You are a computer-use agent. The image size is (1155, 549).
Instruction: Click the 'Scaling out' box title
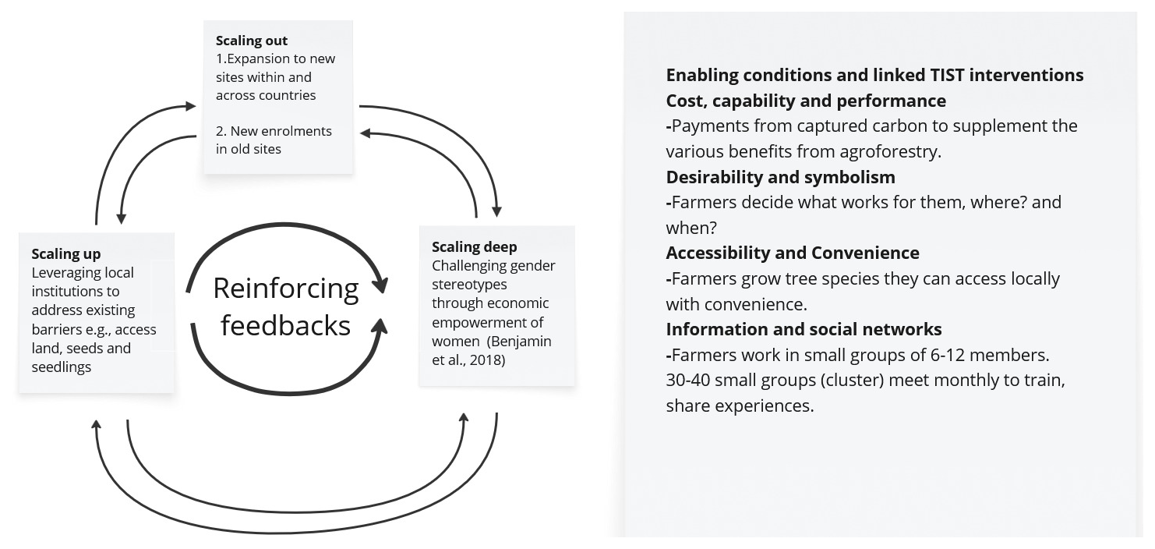[252, 41]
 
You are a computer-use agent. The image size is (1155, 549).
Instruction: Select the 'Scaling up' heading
[66, 254]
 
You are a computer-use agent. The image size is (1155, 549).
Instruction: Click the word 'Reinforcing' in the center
[285, 289]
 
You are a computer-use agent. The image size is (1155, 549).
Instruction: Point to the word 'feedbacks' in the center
[285, 325]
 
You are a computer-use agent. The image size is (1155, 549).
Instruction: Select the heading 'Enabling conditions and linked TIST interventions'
[874, 75]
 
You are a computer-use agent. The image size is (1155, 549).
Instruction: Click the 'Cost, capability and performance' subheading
[806, 101]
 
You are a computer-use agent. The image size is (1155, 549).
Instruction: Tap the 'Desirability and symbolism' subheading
[780, 177]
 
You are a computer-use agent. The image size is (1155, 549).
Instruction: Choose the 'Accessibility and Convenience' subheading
[793, 253]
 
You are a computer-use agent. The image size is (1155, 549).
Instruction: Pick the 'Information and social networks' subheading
[804, 329]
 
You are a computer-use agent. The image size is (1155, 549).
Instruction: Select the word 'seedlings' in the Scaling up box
[62, 367]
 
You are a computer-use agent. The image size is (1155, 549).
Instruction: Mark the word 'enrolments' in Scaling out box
[299, 131]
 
